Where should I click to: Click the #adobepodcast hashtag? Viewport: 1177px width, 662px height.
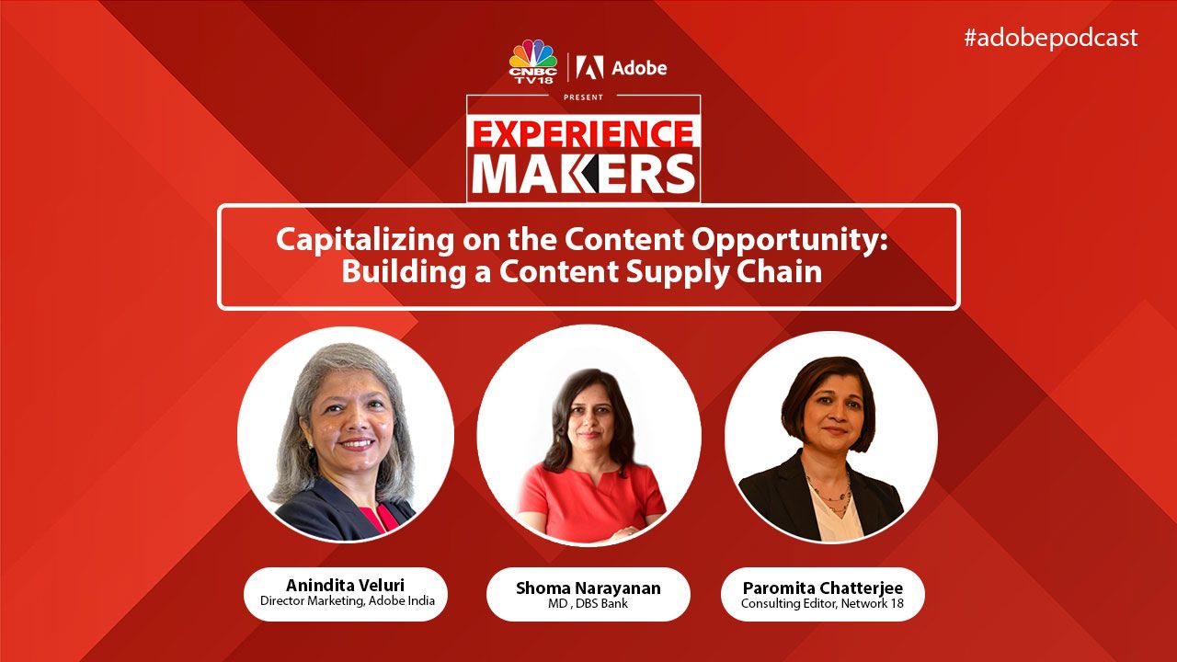point(1050,39)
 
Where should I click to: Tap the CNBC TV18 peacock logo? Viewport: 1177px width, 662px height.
point(532,61)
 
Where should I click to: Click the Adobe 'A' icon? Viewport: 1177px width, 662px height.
point(589,68)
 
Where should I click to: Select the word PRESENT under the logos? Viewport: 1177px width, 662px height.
point(583,97)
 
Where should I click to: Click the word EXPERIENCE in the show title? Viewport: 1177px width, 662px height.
point(583,134)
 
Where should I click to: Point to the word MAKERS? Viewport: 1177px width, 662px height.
point(583,174)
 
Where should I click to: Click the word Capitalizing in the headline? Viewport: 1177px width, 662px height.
point(365,241)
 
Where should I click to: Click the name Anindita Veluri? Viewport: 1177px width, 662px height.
point(345,585)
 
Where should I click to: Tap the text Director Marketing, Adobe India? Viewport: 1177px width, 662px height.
point(348,601)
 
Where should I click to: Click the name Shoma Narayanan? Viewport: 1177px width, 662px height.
point(588,588)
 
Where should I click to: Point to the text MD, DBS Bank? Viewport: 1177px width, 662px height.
point(588,604)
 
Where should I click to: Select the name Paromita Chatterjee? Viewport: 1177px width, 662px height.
point(823,588)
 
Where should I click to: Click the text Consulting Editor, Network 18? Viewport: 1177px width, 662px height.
point(822,604)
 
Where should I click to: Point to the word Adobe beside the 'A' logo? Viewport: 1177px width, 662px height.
point(639,68)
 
